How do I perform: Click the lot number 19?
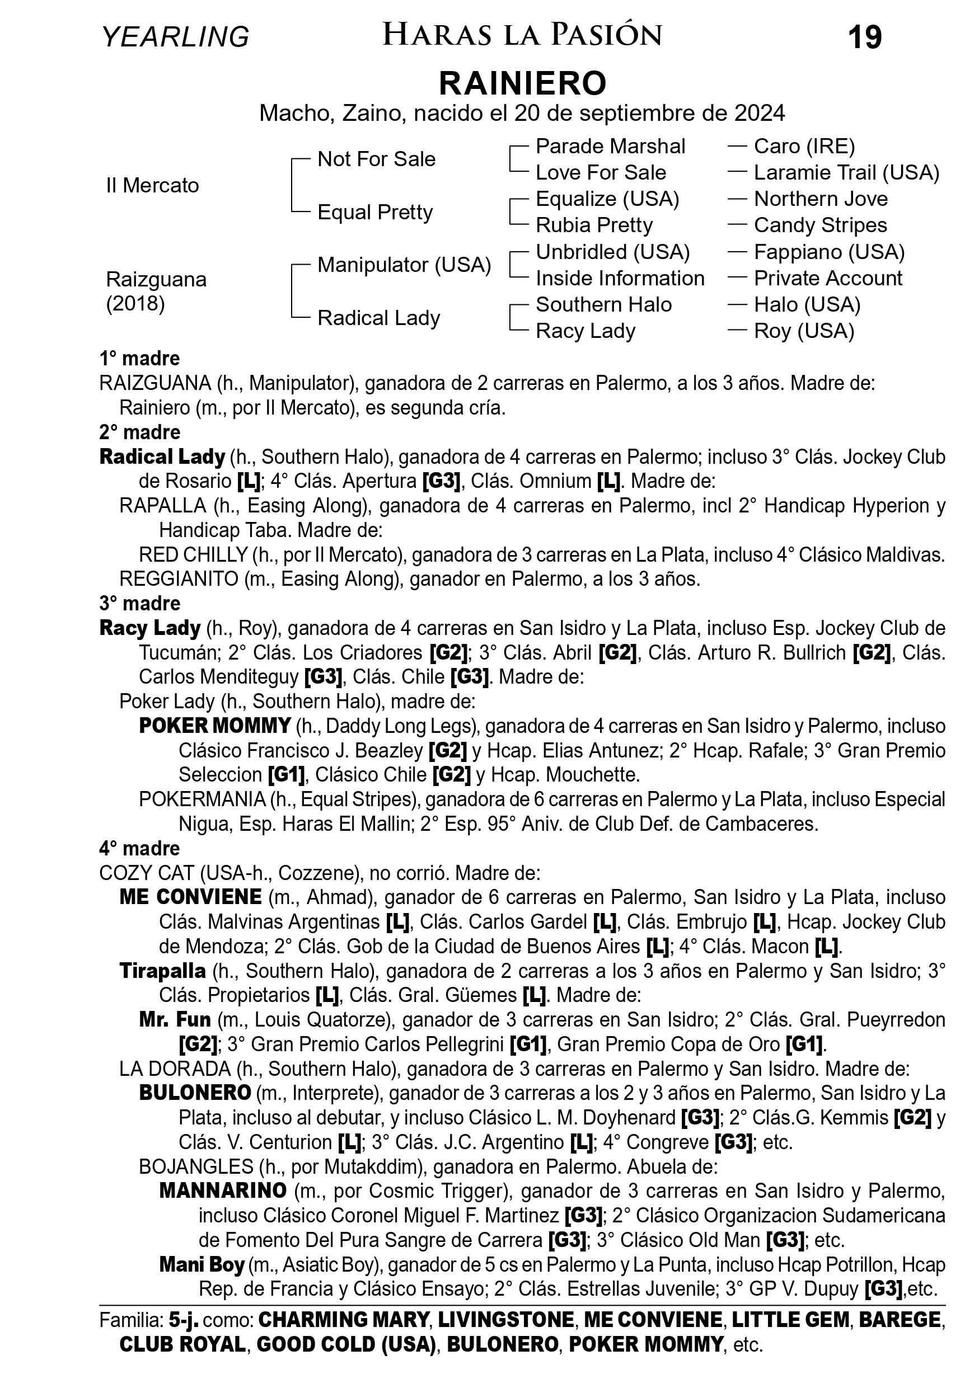coord(865,37)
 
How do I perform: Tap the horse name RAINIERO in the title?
coord(522,83)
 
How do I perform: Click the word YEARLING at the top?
coord(175,37)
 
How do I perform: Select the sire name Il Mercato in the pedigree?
coord(152,185)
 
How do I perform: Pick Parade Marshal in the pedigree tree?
coord(610,146)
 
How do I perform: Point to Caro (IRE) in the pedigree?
coord(804,146)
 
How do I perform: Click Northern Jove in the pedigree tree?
coord(821,199)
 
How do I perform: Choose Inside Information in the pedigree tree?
coord(620,278)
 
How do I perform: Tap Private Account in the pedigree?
coord(828,278)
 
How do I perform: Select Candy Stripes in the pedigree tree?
coord(820,225)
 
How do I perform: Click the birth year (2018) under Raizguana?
coord(135,303)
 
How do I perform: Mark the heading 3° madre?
coord(140,603)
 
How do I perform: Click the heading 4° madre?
coord(140,848)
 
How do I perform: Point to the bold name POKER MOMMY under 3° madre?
coord(216,726)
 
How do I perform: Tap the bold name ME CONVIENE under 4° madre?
coord(190,896)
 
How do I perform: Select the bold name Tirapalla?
coord(163,970)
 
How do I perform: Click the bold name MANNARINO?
coord(223,1191)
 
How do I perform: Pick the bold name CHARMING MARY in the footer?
coord(344,1319)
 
